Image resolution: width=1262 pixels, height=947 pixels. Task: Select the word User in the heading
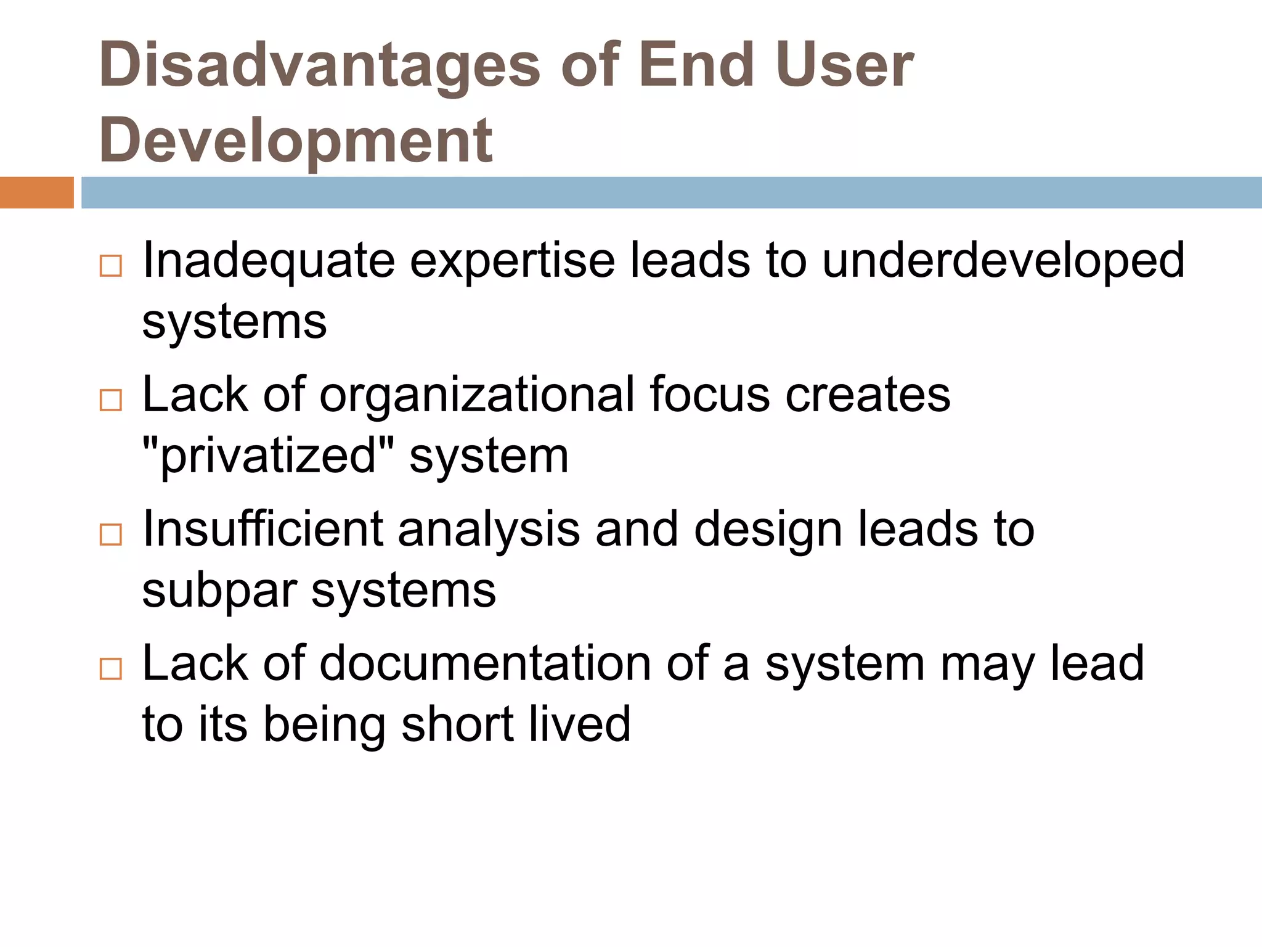point(845,65)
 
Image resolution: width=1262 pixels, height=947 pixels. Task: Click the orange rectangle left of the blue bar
point(36,192)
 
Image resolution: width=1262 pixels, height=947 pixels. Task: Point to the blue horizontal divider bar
point(671,192)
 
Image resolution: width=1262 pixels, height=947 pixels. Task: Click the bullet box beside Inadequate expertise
point(111,266)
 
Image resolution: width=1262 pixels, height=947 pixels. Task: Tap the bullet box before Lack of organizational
point(111,401)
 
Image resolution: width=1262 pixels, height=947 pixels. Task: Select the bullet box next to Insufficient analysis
point(111,535)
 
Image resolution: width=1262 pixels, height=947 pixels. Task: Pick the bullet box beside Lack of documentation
point(111,669)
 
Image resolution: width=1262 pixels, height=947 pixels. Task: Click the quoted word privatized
point(268,457)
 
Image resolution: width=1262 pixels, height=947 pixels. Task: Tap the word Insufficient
point(263,530)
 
